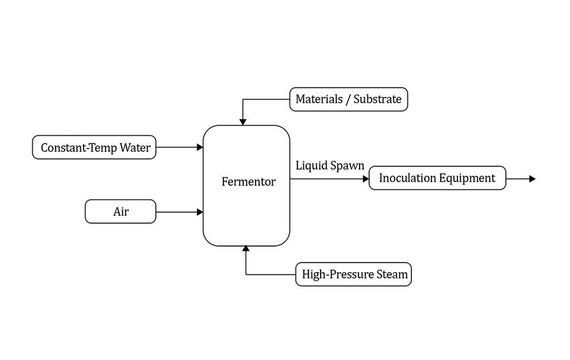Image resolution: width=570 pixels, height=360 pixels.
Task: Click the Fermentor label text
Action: tap(249, 181)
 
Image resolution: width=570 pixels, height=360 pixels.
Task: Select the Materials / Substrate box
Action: tap(348, 99)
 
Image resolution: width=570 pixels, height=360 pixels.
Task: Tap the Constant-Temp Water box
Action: tap(94, 147)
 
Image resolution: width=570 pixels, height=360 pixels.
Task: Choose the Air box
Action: tap(121, 211)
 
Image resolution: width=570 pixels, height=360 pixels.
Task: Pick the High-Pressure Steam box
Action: tap(353, 274)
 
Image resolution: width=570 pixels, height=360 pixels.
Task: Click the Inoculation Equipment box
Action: tap(438, 178)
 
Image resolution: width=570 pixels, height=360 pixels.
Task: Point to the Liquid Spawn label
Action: tap(330, 166)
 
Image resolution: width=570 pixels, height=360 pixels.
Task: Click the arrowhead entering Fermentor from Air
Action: tap(200, 212)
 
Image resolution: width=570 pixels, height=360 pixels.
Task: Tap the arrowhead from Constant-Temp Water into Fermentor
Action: tap(200, 147)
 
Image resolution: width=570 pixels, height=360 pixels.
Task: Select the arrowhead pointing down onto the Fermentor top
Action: tap(243, 122)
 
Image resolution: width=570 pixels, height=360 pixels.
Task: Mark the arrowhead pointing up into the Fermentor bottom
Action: tap(246, 249)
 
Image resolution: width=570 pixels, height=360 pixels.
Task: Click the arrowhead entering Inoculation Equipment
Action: tap(366, 179)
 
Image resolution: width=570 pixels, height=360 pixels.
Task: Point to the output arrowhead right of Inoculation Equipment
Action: tap(533, 179)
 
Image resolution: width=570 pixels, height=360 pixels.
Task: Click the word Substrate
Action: tap(377, 99)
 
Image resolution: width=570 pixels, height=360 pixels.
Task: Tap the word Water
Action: tap(135, 147)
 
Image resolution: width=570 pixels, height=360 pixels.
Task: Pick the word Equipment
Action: tap(467, 179)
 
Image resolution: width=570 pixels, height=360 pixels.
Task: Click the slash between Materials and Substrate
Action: tap(348, 99)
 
